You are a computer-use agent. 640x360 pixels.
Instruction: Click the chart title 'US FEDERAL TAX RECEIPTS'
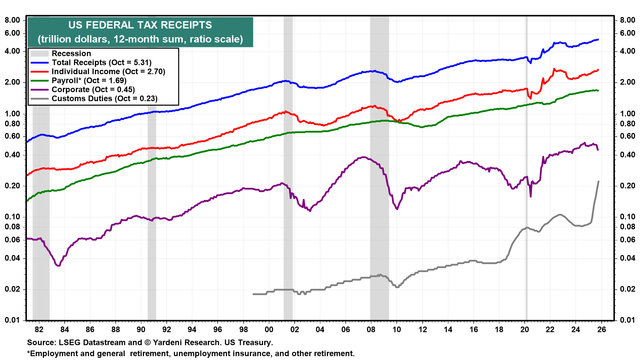click(140, 25)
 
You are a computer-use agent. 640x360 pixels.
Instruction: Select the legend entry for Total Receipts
click(101, 63)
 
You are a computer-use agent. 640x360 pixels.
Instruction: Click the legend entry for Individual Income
click(108, 72)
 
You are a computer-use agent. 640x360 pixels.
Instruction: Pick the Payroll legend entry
click(89, 81)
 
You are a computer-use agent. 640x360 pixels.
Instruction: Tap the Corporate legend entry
click(93, 90)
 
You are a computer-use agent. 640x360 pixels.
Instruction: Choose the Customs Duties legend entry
click(104, 99)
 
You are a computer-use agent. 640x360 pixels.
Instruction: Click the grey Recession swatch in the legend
click(39, 54)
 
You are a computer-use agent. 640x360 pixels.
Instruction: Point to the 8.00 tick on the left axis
click(12, 20)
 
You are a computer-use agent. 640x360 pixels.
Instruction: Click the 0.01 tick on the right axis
click(627, 320)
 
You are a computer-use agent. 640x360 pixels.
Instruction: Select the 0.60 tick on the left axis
click(12, 136)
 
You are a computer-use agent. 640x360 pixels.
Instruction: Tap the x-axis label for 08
click(371, 330)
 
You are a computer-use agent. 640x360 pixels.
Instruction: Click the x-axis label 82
click(39, 330)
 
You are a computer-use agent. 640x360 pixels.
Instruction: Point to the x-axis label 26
click(601, 330)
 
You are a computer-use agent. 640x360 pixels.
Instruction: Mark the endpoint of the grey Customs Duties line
click(599, 181)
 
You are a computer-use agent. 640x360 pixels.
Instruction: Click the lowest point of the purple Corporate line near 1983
click(59, 266)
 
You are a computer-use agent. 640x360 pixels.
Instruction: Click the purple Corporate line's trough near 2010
click(397, 209)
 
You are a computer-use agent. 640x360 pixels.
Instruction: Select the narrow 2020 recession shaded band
click(527, 167)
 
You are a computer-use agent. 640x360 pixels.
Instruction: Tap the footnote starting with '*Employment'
click(191, 354)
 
